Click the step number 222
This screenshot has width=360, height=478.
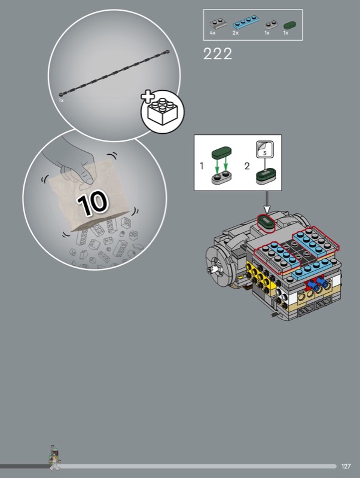(218, 54)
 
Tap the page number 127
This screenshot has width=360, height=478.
(346, 466)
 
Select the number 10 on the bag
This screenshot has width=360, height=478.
(93, 202)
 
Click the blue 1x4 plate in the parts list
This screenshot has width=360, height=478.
(246, 22)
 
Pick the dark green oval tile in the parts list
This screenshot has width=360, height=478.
(289, 25)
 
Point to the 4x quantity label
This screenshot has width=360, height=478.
(212, 33)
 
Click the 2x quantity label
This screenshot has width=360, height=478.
(235, 33)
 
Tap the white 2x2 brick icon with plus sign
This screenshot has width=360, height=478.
(162, 111)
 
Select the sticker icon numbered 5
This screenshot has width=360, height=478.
(264, 149)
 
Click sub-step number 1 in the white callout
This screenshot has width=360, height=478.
(202, 166)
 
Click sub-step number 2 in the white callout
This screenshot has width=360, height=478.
(247, 166)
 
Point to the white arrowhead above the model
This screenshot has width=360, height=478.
(267, 210)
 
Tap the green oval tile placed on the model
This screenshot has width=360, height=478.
(266, 222)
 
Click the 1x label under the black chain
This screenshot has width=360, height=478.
(61, 100)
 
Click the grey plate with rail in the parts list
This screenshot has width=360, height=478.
(218, 24)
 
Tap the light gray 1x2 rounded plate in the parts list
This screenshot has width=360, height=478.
(271, 24)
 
